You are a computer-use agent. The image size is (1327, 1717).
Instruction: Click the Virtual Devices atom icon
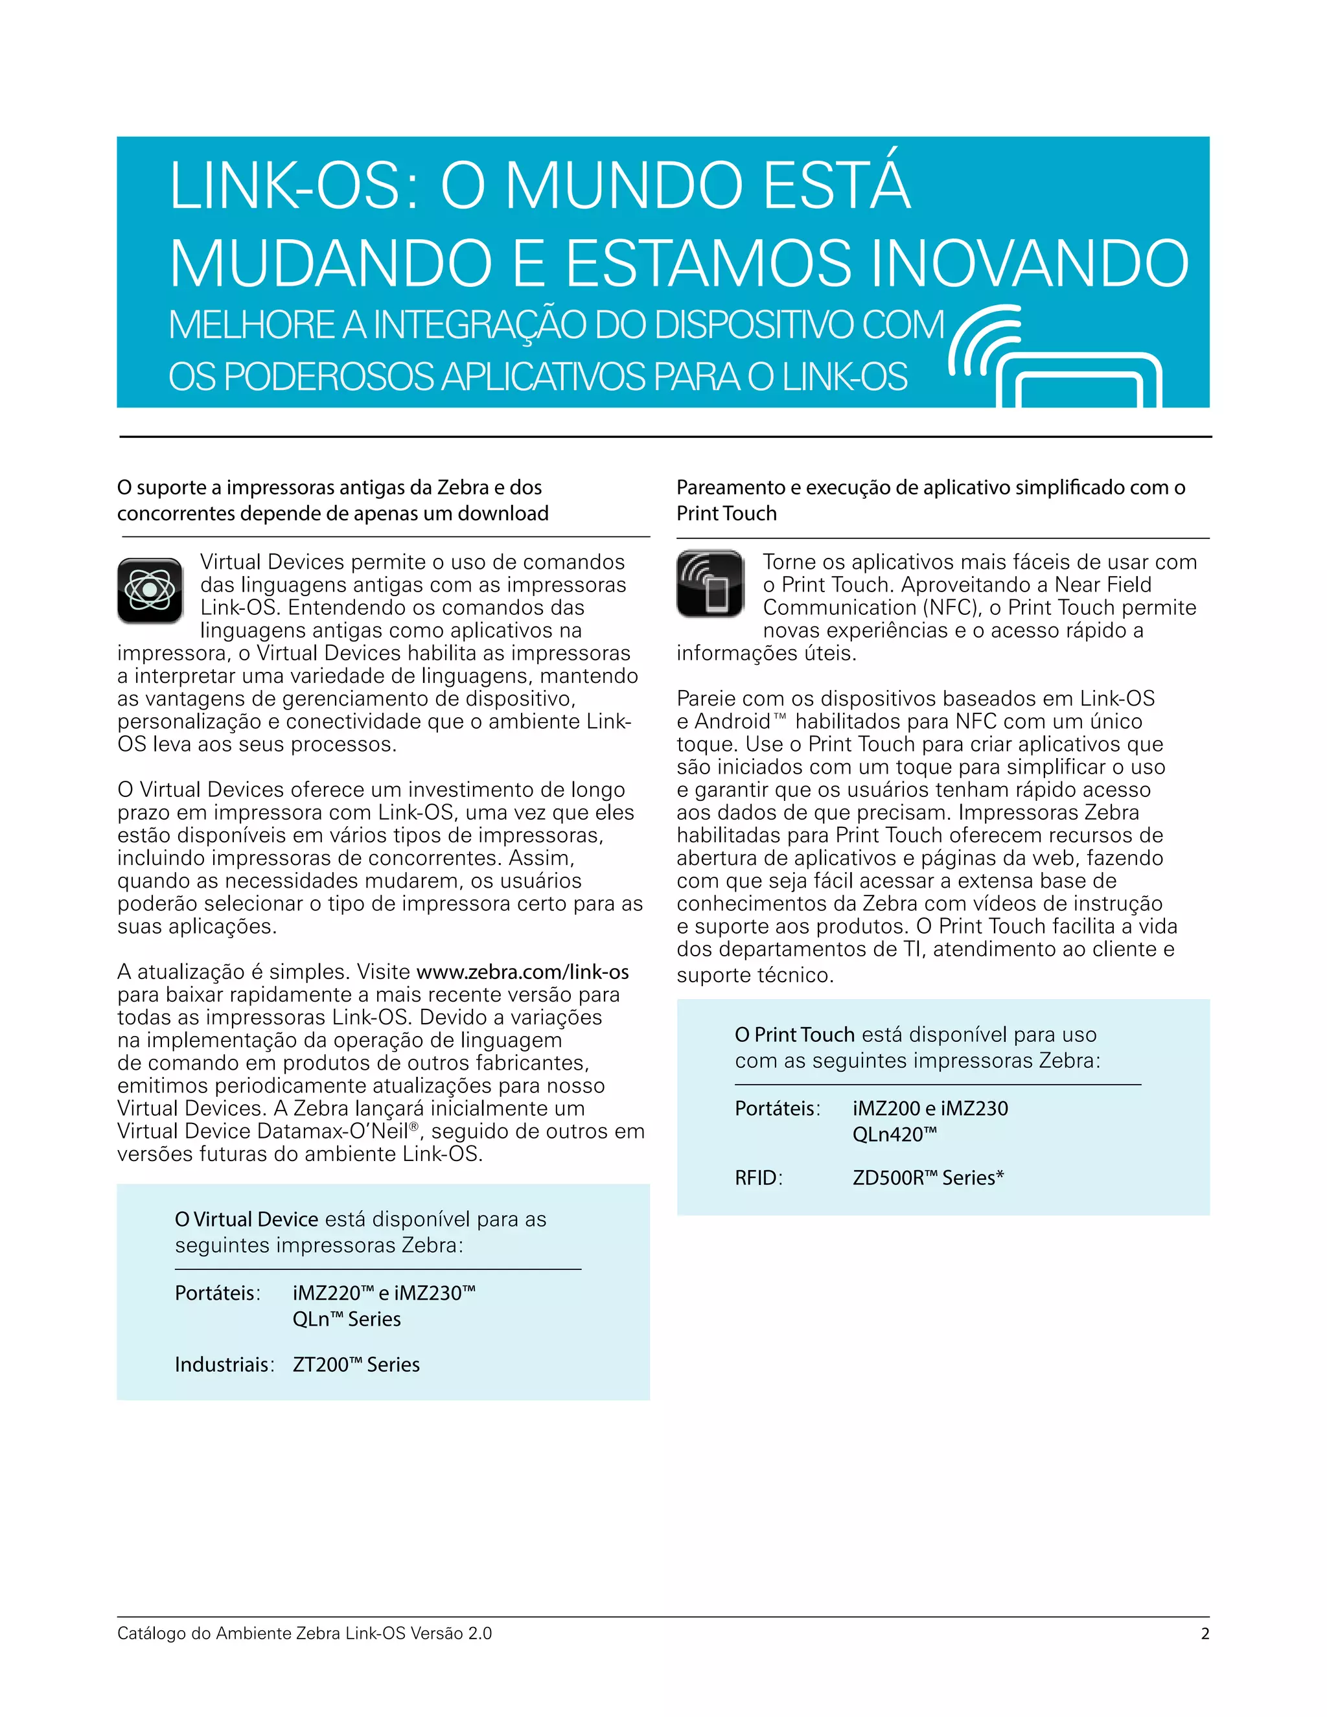pyautogui.click(x=150, y=590)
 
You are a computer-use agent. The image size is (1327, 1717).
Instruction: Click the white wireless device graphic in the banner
pyautogui.click(x=1056, y=358)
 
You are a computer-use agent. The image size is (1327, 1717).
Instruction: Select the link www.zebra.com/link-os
pyautogui.click(x=523, y=973)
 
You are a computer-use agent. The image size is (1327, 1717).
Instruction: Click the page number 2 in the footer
pyautogui.click(x=1205, y=1633)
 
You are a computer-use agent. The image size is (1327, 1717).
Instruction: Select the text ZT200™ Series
pyautogui.click(x=356, y=1364)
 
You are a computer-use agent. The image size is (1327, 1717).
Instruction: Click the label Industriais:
pyautogui.click(x=224, y=1364)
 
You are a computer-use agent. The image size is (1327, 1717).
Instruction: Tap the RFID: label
pyautogui.click(x=758, y=1178)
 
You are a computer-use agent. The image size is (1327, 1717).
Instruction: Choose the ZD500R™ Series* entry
pyautogui.click(x=929, y=1178)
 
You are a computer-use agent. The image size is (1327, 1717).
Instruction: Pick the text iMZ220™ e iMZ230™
pyautogui.click(x=384, y=1293)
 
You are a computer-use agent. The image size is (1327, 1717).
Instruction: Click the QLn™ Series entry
pyautogui.click(x=347, y=1319)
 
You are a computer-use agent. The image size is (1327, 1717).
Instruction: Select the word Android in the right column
pyautogui.click(x=733, y=722)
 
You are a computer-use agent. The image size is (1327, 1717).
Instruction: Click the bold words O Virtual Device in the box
pyautogui.click(x=246, y=1219)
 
